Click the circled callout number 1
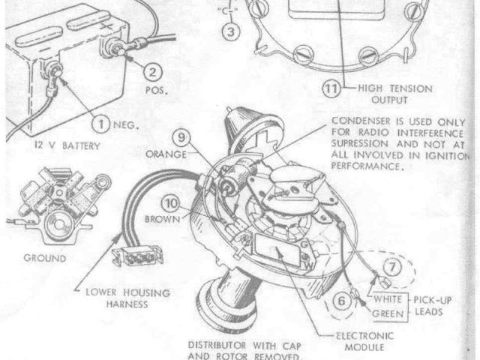pyautogui.click(x=100, y=124)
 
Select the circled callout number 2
pyautogui.click(x=152, y=72)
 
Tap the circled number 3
pyautogui.click(x=231, y=31)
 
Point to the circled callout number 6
pyautogui.click(x=341, y=301)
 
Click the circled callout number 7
pyautogui.click(x=392, y=267)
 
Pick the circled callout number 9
pyautogui.click(x=181, y=138)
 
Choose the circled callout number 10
pyautogui.click(x=172, y=203)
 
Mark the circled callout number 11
pyautogui.click(x=331, y=88)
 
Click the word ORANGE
pyautogui.click(x=166, y=154)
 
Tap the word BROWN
pyautogui.click(x=163, y=219)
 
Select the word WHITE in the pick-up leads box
pyautogui.click(x=388, y=299)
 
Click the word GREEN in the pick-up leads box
pyautogui.click(x=388, y=313)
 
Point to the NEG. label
pyautogui.click(x=125, y=124)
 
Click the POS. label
pyautogui.click(x=157, y=91)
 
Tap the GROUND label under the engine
pyautogui.click(x=45, y=258)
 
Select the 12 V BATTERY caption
pyautogui.click(x=67, y=145)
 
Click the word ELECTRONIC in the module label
pyautogui.click(x=364, y=336)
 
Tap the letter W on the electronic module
pyautogui.click(x=309, y=265)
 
